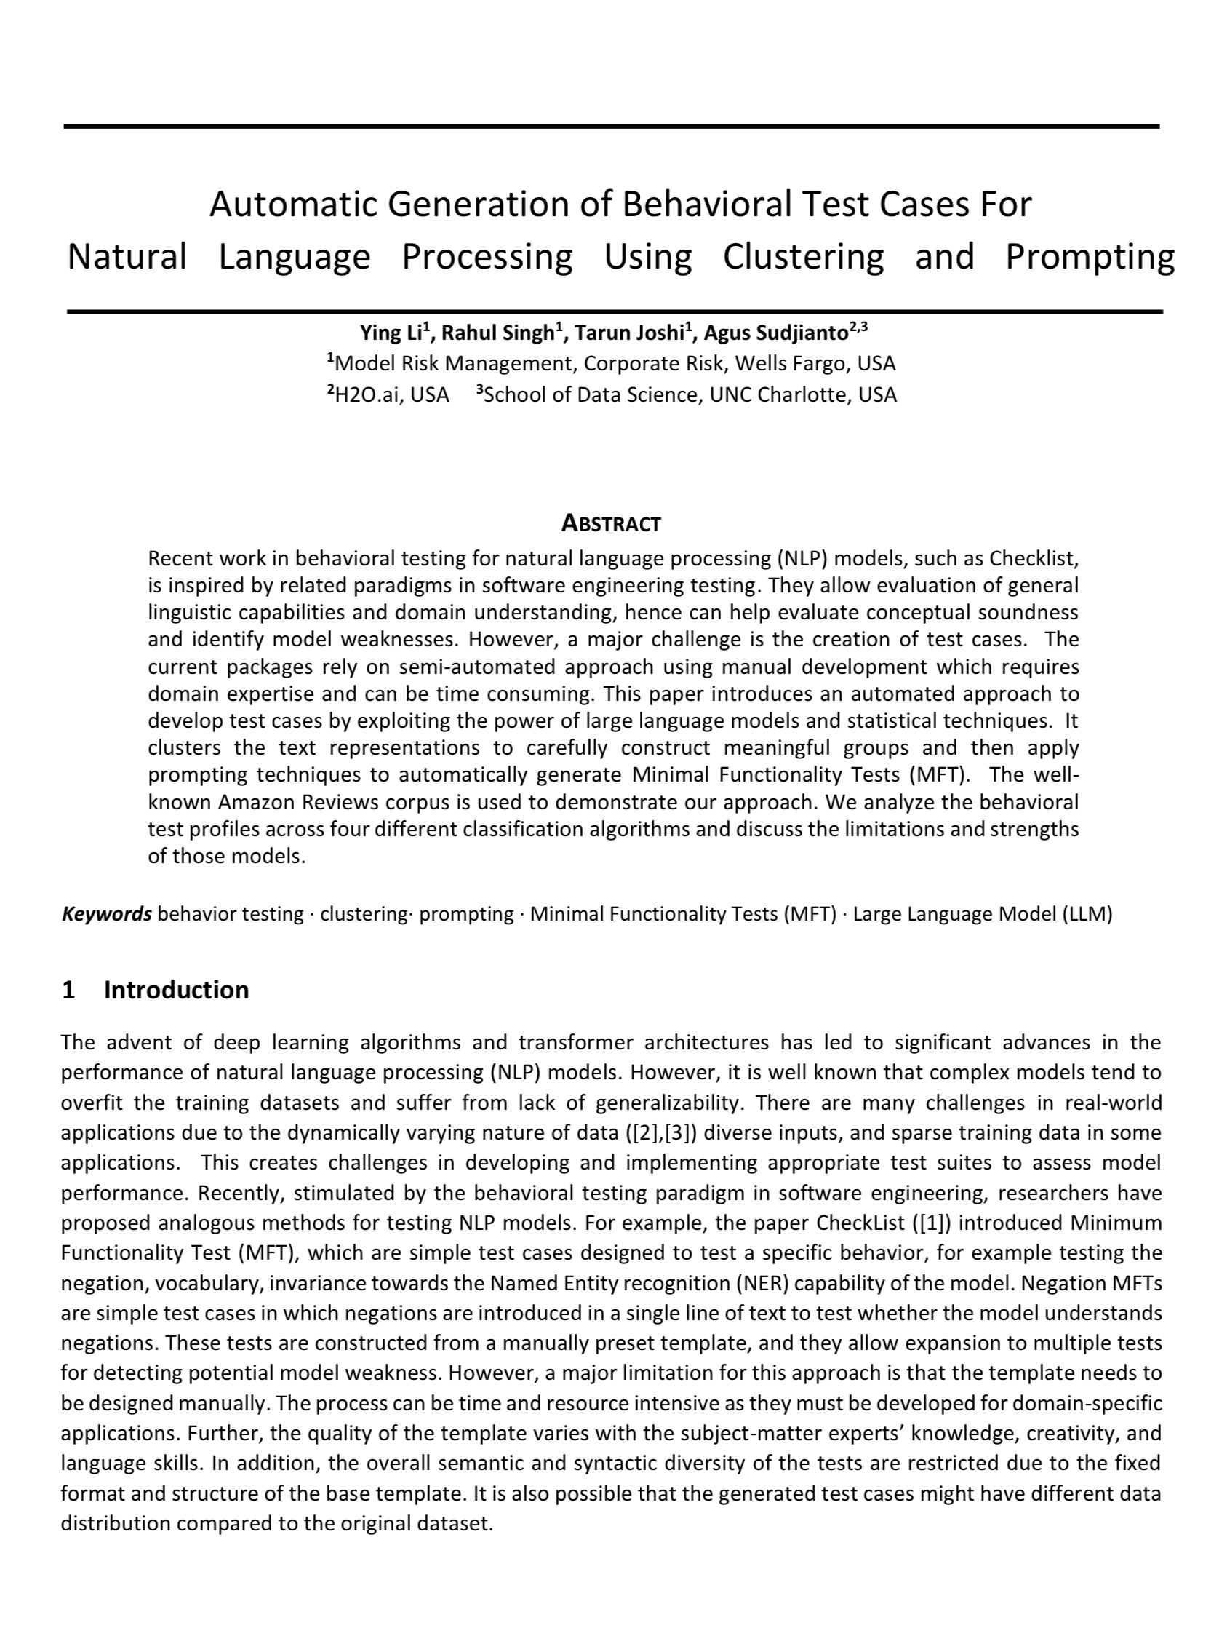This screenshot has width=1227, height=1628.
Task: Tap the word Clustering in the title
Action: click(803, 257)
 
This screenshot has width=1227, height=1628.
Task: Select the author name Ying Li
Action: click(391, 333)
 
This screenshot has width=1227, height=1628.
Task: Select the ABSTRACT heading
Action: click(611, 523)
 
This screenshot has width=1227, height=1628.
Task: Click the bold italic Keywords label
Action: click(107, 913)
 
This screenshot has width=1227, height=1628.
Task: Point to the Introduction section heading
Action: click(176, 990)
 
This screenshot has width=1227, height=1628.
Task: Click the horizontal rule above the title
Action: click(611, 127)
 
